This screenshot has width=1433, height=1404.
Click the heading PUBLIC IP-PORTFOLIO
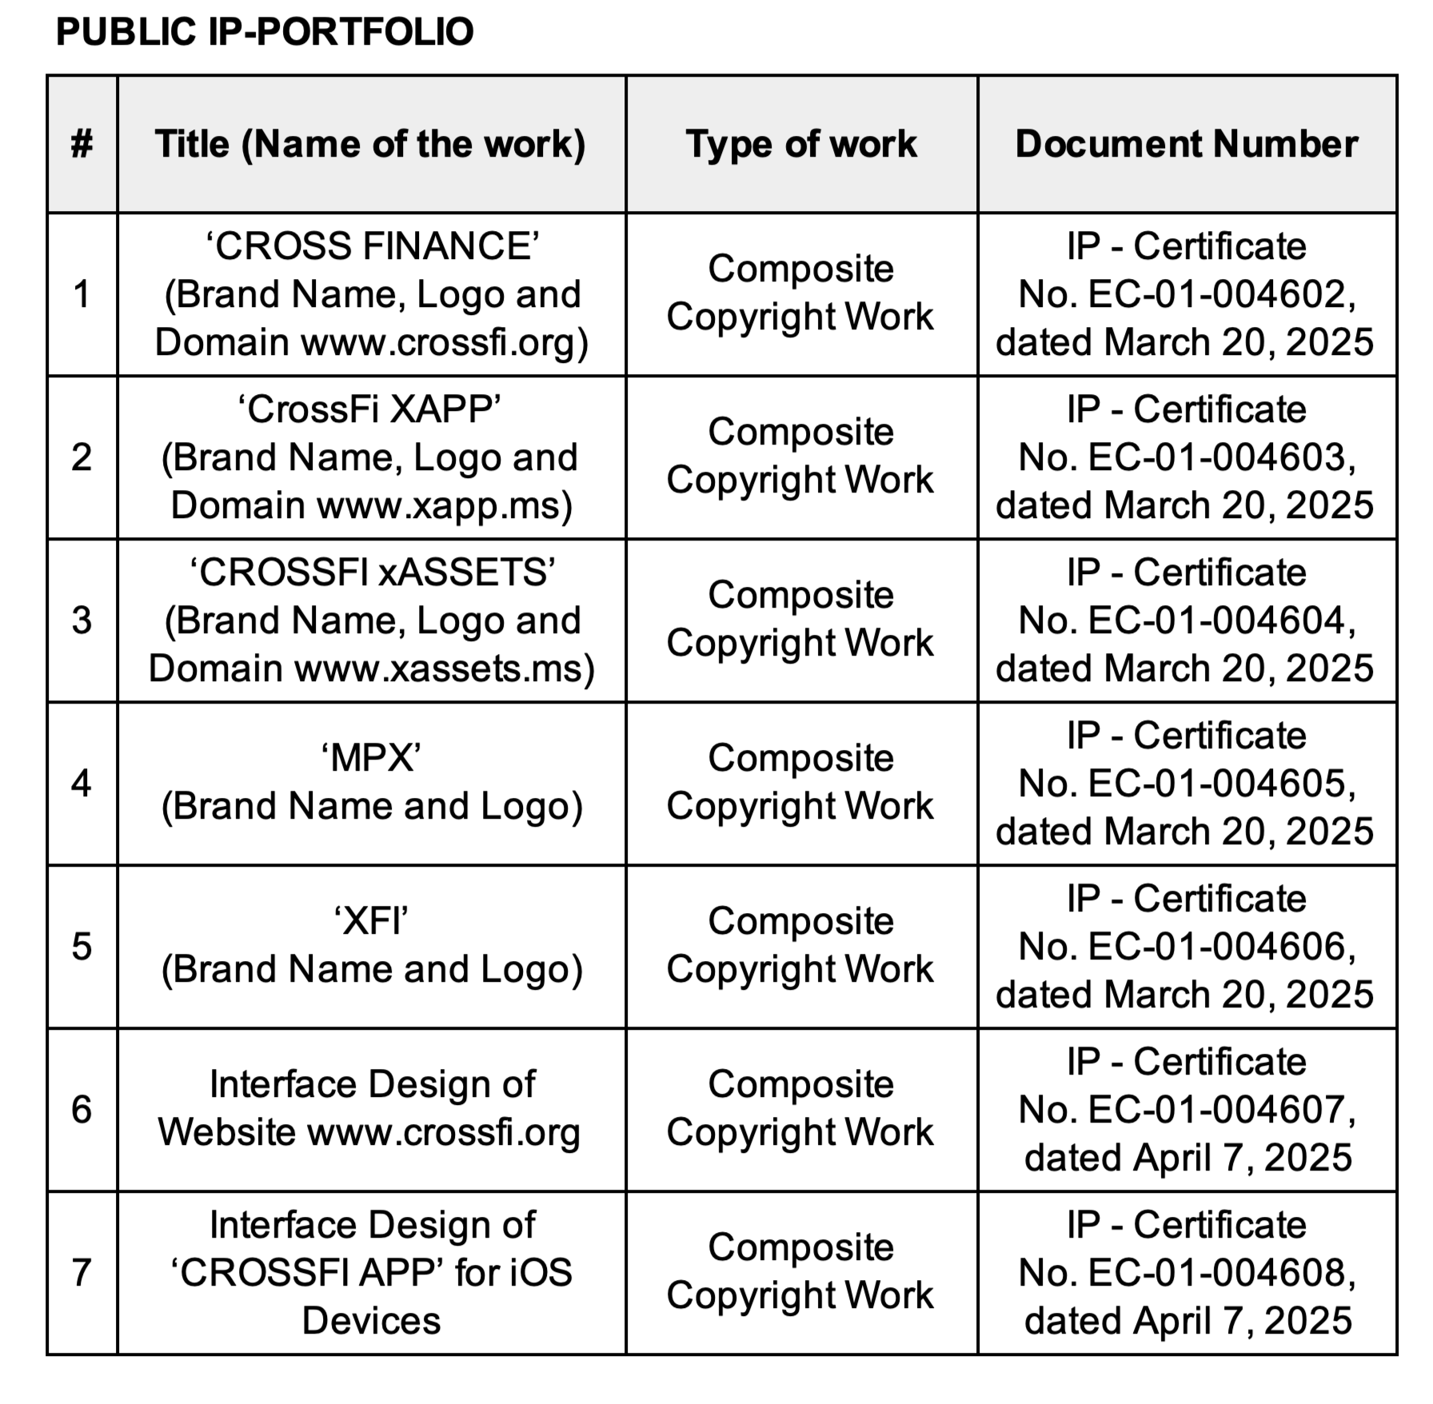pyautogui.click(x=265, y=32)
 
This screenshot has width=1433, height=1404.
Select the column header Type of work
pyautogui.click(x=801, y=145)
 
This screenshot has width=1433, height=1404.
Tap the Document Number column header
pyautogui.click(x=1187, y=145)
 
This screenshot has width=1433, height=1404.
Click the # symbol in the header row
pyautogui.click(x=82, y=145)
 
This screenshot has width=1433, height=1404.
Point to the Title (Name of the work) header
pyautogui.click(x=370, y=145)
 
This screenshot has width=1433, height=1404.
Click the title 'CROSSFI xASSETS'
pyautogui.click(x=372, y=573)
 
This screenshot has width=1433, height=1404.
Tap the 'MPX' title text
pyautogui.click(x=371, y=758)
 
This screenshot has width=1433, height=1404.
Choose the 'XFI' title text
pyautogui.click(x=371, y=921)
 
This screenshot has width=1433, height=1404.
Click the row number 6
pyautogui.click(x=82, y=1110)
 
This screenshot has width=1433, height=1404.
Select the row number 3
pyautogui.click(x=82, y=620)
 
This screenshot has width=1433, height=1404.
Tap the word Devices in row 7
pyautogui.click(x=371, y=1321)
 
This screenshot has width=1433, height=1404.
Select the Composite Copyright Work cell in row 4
pyautogui.click(x=800, y=782)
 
